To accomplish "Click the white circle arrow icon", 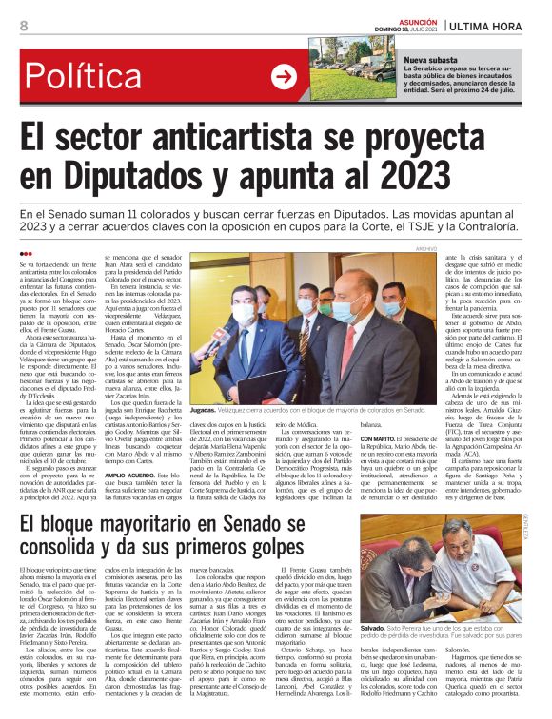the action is click(284, 77).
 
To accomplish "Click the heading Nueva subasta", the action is click(429, 59).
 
